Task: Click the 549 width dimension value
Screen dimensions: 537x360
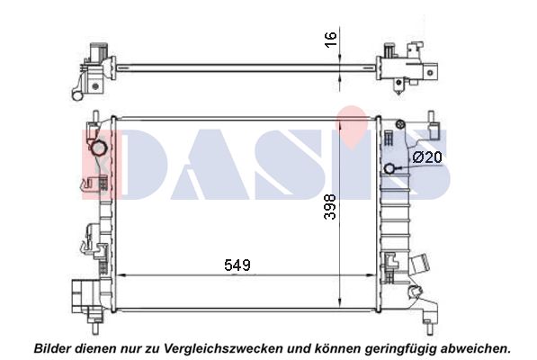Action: [237, 265]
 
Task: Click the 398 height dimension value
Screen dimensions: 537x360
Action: [330, 206]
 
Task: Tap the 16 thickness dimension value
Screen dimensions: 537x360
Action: [331, 40]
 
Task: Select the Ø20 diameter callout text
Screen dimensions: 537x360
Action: [427, 157]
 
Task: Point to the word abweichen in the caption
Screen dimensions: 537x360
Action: [474, 348]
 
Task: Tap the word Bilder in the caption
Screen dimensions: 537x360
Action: [52, 348]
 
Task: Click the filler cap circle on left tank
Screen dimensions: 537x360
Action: [99, 148]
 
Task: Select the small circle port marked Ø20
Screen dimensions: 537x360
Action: [389, 168]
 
